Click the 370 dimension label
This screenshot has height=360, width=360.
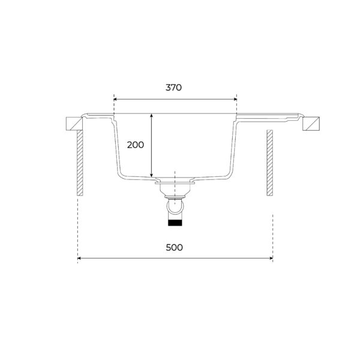pyautogui.click(x=173, y=88)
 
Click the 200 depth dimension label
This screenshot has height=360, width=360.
pyautogui.click(x=136, y=145)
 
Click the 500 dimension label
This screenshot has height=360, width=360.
pyautogui.click(x=174, y=247)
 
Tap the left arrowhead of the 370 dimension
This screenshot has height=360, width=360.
pyautogui.click(x=115, y=99)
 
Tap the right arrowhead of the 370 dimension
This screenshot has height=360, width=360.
pyautogui.click(x=235, y=99)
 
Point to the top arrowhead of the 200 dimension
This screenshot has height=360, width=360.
pyautogui.click(x=151, y=115)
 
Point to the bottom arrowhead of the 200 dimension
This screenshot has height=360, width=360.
pyautogui.click(x=151, y=175)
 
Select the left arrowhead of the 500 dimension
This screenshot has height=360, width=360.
pyautogui.click(x=79, y=258)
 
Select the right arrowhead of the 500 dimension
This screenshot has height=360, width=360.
pyautogui.click(x=271, y=258)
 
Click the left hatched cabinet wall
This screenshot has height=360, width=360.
pyautogui.click(x=80, y=163)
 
